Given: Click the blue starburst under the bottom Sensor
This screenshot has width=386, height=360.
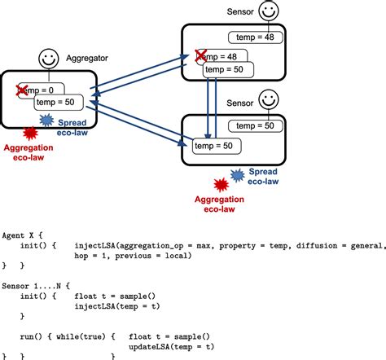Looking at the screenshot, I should pyautogui.click(x=238, y=174).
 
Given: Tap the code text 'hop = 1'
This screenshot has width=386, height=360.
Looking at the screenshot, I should pyautogui.click(x=91, y=255).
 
